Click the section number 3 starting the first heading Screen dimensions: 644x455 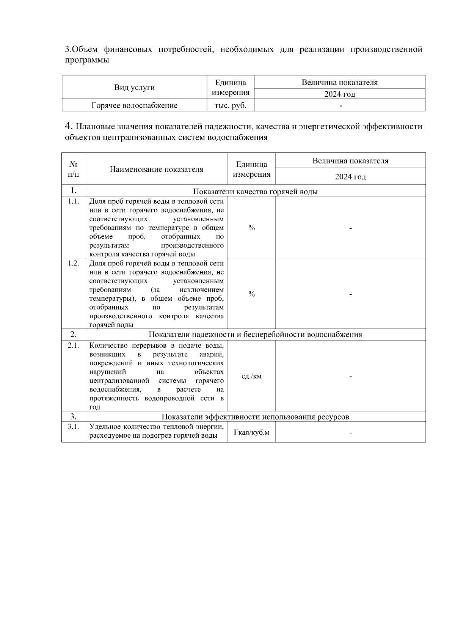point(67,50)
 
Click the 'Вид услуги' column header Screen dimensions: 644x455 point(134,88)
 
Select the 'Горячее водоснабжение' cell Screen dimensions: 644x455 point(134,105)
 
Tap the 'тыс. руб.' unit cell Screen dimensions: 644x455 point(231,105)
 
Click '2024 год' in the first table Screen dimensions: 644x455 point(339,94)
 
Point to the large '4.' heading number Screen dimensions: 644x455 point(69,126)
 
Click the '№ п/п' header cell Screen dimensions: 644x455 point(74,169)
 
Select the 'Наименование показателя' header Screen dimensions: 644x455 point(156,170)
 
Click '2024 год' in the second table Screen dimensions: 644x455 point(350,177)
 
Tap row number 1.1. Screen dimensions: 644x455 point(74,201)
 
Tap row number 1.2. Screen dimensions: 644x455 point(74,263)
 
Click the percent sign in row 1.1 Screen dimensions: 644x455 point(251,228)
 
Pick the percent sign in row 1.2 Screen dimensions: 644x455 point(251,294)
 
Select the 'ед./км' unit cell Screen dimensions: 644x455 point(251,377)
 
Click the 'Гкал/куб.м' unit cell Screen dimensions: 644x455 point(251,432)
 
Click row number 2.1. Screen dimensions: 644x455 point(74,346)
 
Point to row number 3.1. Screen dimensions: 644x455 point(74,427)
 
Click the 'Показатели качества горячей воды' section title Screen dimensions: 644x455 point(255,192)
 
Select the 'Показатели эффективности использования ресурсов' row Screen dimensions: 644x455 point(255,417)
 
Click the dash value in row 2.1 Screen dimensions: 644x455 point(350,377)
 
